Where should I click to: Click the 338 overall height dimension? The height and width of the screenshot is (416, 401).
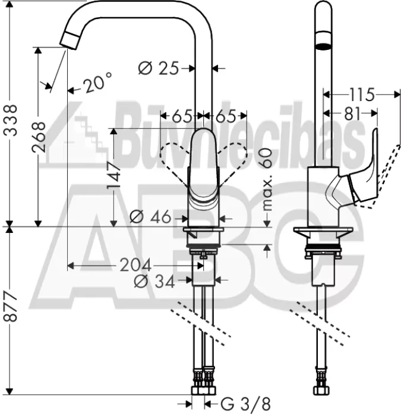[x=12, y=120]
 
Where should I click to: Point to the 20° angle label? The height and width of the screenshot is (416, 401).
[x=97, y=82]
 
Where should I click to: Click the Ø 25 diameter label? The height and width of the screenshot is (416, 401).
[x=159, y=68]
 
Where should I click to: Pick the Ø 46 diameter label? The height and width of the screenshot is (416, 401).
[x=150, y=217]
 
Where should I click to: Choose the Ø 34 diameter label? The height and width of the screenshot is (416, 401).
[x=154, y=281]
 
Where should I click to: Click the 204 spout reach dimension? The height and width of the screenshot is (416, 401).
[x=135, y=265]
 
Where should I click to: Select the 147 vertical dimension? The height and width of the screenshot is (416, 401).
[x=113, y=176]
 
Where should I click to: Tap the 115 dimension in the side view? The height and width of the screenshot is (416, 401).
[x=362, y=94]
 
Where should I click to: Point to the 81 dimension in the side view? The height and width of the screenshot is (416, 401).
[x=352, y=114]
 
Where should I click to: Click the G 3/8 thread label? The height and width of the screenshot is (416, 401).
[x=245, y=404]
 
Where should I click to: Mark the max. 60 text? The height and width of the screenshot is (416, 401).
[x=266, y=179]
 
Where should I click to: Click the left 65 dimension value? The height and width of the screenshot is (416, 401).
[x=182, y=116]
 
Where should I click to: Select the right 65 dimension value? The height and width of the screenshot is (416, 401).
[x=226, y=116]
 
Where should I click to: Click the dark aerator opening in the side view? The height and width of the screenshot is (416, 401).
[x=323, y=47]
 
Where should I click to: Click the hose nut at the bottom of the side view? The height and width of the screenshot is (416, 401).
[x=323, y=390]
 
